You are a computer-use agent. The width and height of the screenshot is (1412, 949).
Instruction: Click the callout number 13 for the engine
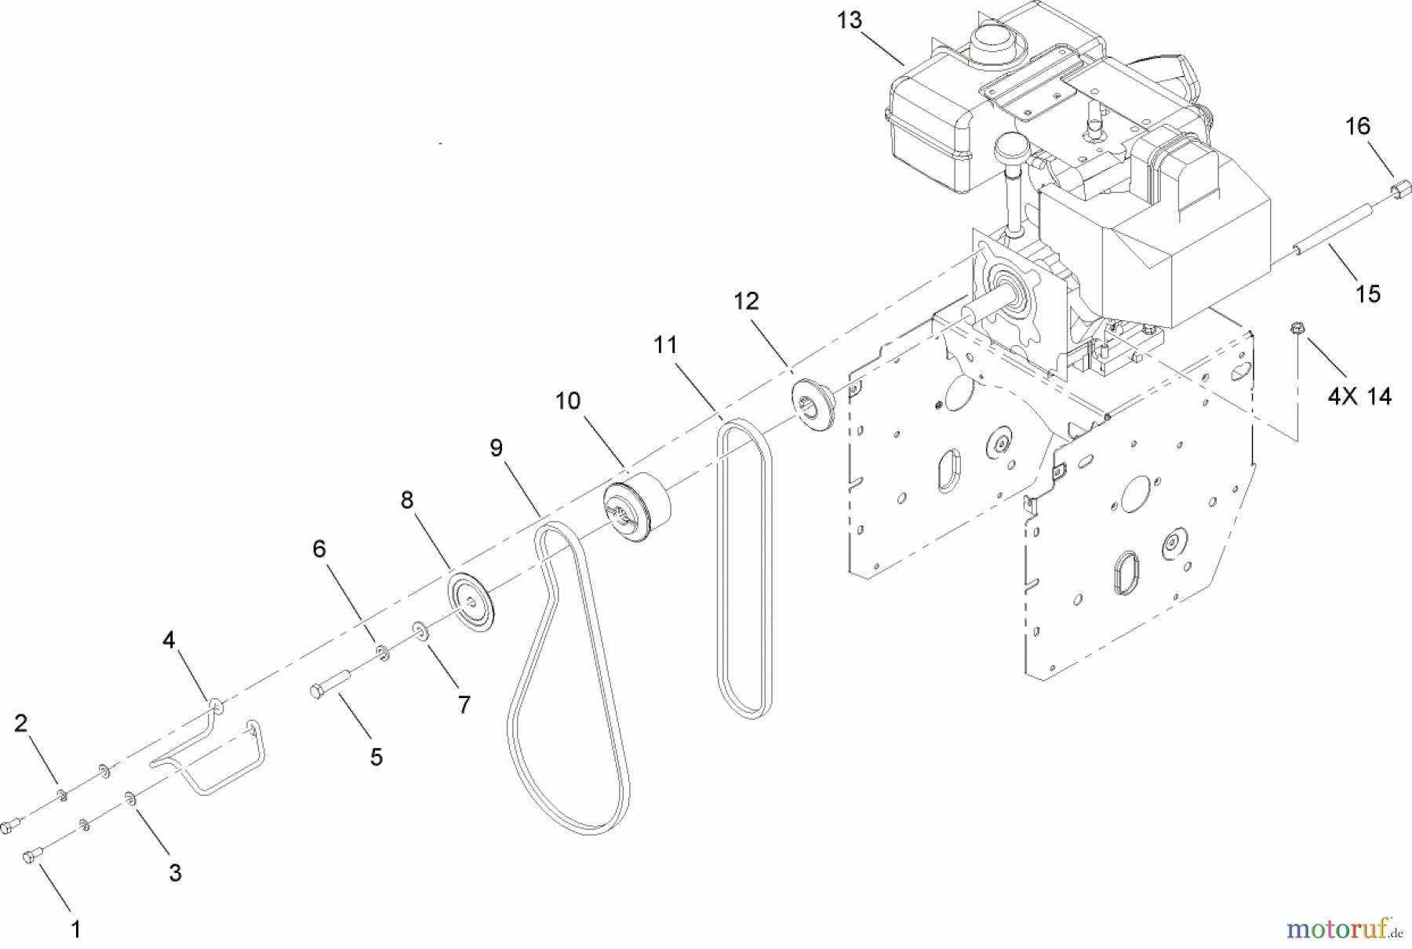tap(849, 20)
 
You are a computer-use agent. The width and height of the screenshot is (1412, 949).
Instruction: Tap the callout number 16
tap(1357, 126)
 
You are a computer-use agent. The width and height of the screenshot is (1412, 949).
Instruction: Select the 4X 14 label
tap(1359, 396)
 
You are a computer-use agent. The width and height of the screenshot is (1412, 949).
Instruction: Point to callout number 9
tap(496, 448)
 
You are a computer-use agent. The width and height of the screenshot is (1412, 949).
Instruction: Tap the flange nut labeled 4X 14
tap(1296, 329)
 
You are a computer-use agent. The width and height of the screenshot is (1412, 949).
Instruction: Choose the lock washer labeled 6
tap(383, 652)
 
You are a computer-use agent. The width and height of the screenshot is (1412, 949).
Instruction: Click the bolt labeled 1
tap(31, 856)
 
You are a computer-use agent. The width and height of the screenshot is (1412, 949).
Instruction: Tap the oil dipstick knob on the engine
tap(1012, 147)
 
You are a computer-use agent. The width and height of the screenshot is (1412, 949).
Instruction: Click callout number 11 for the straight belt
tap(664, 344)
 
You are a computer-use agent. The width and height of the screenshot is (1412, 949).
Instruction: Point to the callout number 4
tap(169, 641)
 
